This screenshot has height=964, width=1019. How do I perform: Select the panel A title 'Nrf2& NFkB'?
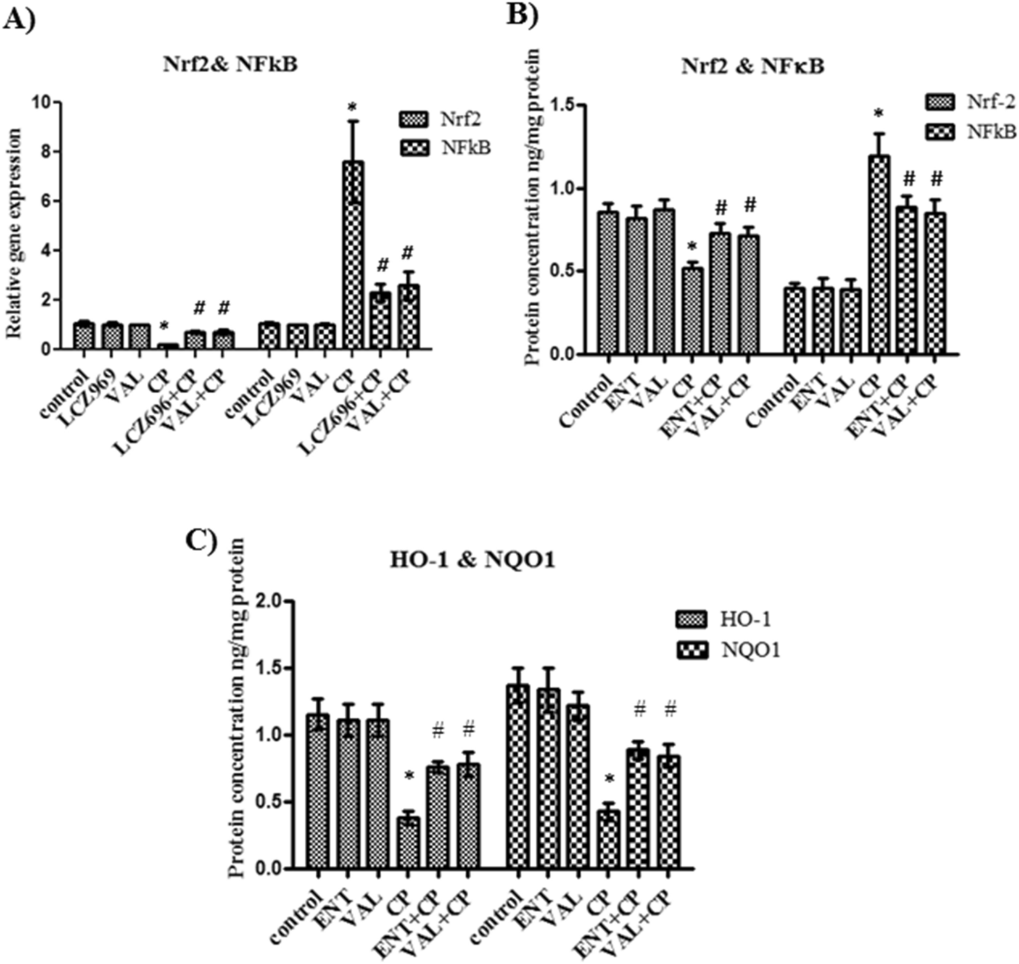pos(229,65)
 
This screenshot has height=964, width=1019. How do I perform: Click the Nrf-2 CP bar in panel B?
pos(692,311)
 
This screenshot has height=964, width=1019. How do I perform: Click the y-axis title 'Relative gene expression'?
pos(15,233)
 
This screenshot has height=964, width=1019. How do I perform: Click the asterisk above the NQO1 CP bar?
pos(609,780)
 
